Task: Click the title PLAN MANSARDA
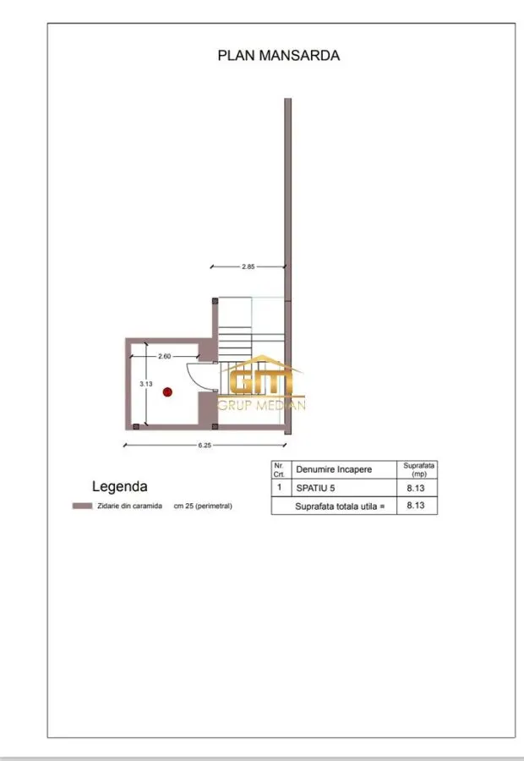[279, 55]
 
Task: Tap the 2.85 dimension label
[248, 266]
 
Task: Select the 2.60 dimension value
[165, 356]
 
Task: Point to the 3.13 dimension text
[146, 384]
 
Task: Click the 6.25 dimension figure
[205, 445]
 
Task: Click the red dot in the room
[167, 391]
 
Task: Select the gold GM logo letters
[261, 381]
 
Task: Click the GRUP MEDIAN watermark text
[261, 405]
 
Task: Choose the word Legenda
[120, 486]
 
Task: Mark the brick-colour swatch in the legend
[82, 506]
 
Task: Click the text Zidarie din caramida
[129, 506]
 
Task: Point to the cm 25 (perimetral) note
[203, 506]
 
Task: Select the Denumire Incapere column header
[334, 469]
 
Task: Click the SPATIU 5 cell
[315, 488]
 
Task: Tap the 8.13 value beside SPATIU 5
[416, 488]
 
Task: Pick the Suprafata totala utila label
[340, 506]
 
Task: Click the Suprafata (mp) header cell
[418, 469]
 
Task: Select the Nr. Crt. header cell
[279, 470]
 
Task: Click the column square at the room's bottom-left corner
[136, 427]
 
